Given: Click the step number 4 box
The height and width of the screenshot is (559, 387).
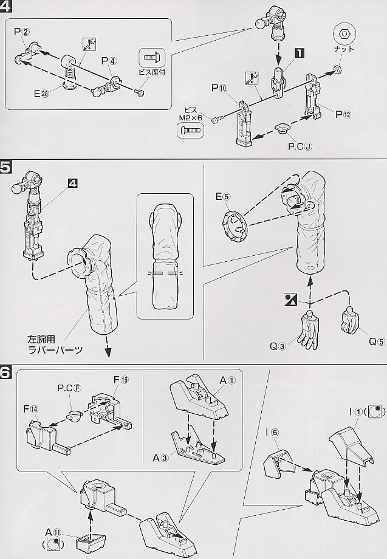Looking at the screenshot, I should [x=7, y=8].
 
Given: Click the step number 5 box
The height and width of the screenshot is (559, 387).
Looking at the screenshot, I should [x=7, y=167].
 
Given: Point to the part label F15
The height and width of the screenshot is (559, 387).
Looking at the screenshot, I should [x=120, y=380].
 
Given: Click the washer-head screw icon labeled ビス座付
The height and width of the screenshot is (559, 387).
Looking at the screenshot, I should [x=151, y=58].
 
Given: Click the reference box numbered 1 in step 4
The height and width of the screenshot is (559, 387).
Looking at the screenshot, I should [x=298, y=53].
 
